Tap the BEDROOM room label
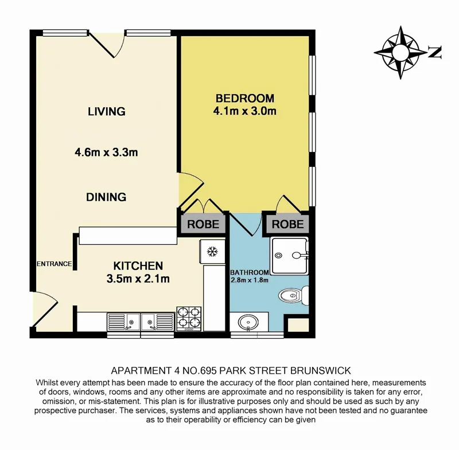click(x=245, y=98)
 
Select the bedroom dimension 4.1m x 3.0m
click(x=245, y=111)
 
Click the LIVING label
click(x=107, y=111)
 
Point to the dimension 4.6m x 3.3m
click(x=107, y=152)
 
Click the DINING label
click(x=106, y=197)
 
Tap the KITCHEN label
click(x=138, y=266)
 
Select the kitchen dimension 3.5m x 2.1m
click(x=138, y=279)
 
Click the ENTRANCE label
click(x=55, y=264)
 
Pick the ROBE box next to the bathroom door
click(x=287, y=224)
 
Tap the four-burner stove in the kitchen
click(x=189, y=319)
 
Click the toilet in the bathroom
click(x=294, y=296)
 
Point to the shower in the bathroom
click(x=290, y=254)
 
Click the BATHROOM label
click(x=250, y=272)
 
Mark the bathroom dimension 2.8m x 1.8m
click(x=250, y=280)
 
